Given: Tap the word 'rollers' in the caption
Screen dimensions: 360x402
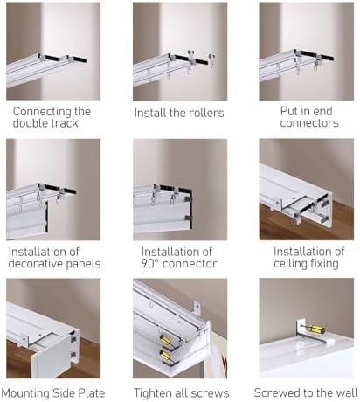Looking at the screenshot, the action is [206, 113].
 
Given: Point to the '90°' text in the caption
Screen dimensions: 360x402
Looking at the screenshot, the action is [150, 264].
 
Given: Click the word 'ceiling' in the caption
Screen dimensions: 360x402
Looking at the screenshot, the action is [288, 264].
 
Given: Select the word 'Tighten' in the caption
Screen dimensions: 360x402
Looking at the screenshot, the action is [153, 393].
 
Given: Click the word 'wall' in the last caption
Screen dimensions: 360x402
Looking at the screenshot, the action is [347, 392].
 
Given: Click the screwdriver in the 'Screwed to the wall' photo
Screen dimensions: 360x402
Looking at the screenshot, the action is [314, 329].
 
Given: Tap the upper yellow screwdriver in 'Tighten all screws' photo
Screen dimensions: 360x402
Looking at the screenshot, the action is [166, 340].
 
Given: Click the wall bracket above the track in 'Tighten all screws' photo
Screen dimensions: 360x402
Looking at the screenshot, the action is [197, 308].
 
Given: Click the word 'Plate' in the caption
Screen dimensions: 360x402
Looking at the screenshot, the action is [92, 393].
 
